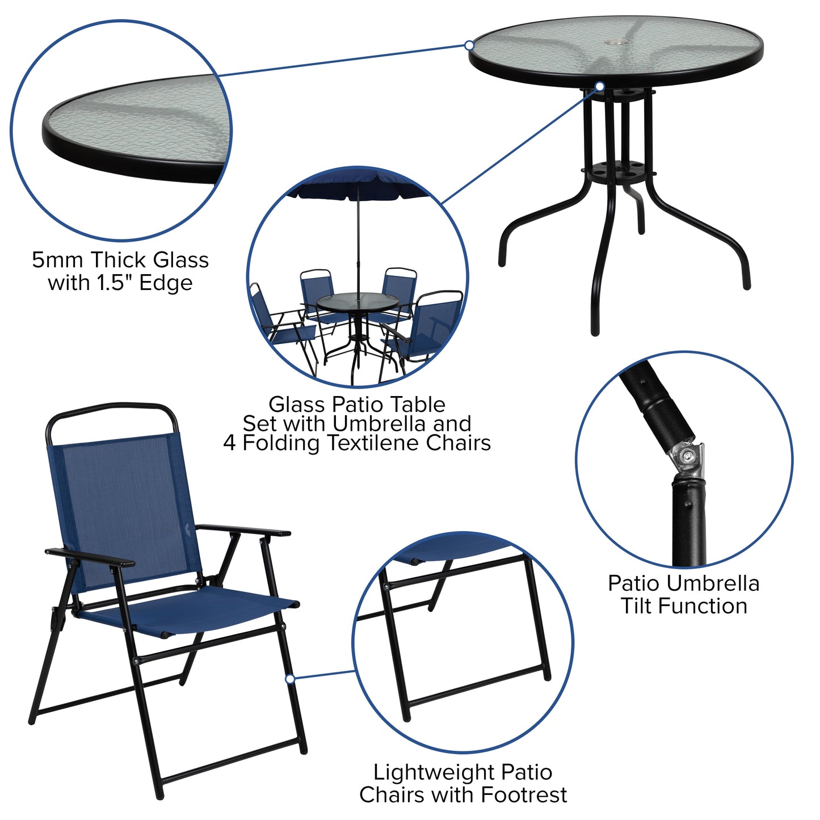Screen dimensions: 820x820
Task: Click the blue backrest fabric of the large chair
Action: [x=122, y=505]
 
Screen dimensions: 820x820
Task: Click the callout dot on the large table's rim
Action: [x=469, y=45]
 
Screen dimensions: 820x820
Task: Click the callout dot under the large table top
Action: [x=600, y=86]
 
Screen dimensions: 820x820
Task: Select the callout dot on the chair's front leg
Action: [x=289, y=679]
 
